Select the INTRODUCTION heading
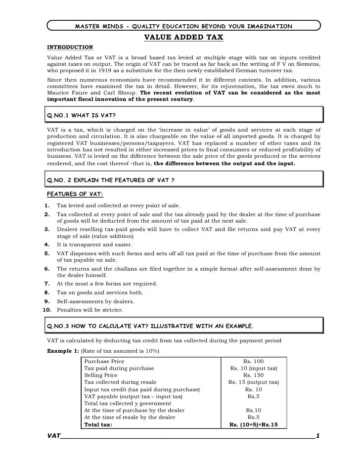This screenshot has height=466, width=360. tap(69, 47)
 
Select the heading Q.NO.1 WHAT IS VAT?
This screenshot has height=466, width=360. tap(81, 116)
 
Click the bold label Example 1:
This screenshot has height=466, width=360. tap(62, 351)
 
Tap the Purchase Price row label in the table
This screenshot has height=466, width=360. tap(104, 362)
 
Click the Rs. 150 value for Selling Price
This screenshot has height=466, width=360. tap(254, 375)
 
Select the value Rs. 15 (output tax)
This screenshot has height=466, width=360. tap(254, 382)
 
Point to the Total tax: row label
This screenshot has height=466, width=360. tap(98, 424)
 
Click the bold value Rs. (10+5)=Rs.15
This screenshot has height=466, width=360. tap(254, 424)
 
